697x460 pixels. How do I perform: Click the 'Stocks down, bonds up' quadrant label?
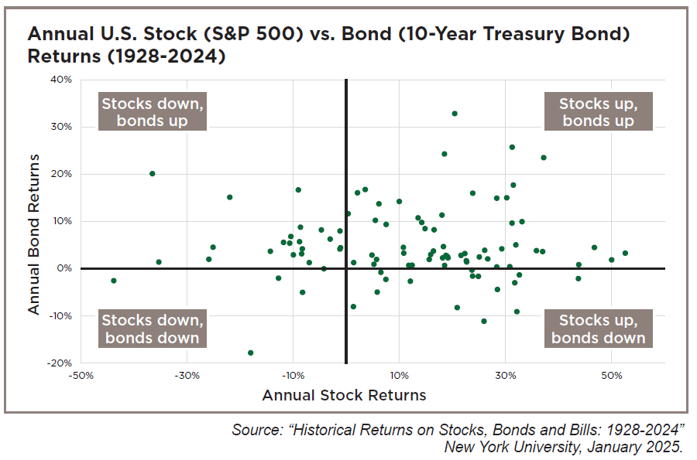click(x=154, y=112)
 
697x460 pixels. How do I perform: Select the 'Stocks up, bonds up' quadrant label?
click(x=598, y=112)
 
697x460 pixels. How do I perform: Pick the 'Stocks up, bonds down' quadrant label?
click(x=598, y=329)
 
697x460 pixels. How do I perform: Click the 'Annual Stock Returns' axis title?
click(x=345, y=396)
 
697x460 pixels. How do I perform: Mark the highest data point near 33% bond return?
click(x=455, y=114)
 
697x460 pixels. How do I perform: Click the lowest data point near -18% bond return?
click(x=250, y=353)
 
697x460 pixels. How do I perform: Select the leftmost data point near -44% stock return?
click(x=114, y=281)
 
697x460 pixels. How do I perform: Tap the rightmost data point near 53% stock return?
click(x=625, y=253)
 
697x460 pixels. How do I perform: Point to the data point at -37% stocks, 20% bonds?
click(x=153, y=174)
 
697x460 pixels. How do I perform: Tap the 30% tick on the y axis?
click(x=63, y=127)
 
